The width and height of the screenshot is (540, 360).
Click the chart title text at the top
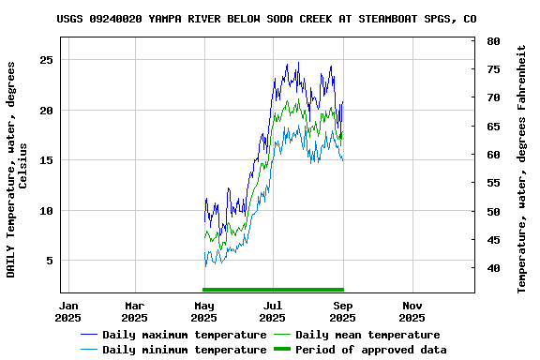[x=265, y=18]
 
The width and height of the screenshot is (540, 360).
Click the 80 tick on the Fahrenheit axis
[x=493, y=41]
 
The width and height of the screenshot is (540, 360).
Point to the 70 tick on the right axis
[x=493, y=97]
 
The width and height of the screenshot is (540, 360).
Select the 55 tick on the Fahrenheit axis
[x=493, y=183]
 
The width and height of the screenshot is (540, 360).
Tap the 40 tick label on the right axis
[x=493, y=268]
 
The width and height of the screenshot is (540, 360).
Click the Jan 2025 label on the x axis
[x=68, y=311]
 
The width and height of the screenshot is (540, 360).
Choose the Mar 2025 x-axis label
[x=134, y=311]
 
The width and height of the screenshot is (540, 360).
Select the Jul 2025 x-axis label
[x=273, y=311]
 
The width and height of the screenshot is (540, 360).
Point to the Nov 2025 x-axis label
[x=412, y=311]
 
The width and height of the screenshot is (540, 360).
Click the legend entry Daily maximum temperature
[x=185, y=335]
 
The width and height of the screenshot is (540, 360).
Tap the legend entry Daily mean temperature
[x=367, y=335]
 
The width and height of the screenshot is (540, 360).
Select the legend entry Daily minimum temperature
[x=185, y=350]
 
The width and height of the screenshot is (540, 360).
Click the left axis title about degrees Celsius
[x=17, y=169]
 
